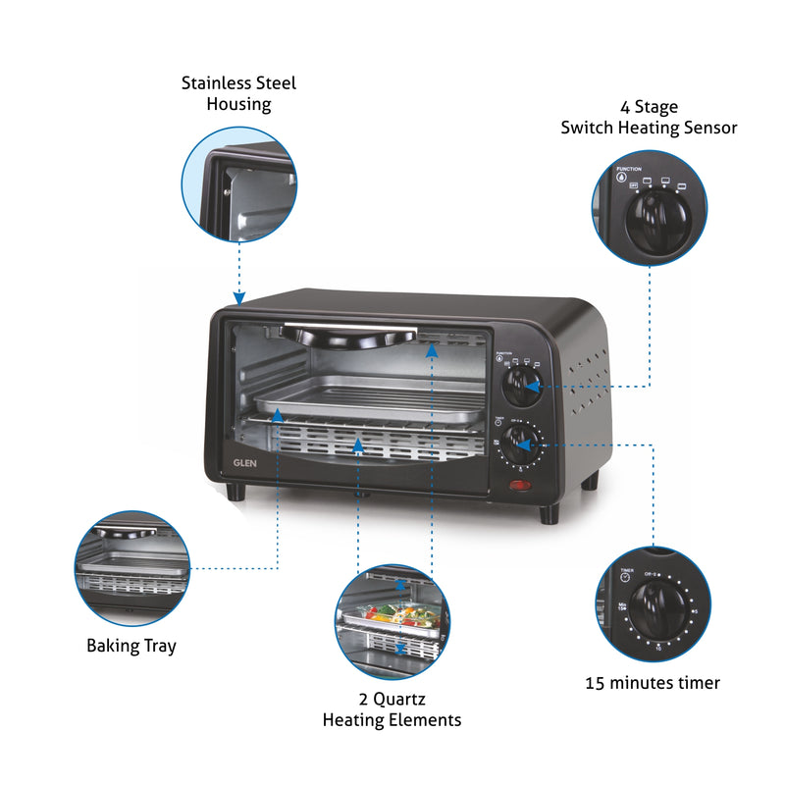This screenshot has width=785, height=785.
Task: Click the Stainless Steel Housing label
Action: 238,93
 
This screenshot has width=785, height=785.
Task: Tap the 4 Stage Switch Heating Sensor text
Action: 649,117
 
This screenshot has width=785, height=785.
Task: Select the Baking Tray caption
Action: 131,646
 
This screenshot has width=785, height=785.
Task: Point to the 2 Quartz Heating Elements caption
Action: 392,709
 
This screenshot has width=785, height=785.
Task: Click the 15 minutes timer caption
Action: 653,682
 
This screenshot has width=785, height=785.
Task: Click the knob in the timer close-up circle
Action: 652,609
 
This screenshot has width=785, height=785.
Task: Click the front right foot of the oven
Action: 549,513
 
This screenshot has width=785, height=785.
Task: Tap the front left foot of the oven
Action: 235,491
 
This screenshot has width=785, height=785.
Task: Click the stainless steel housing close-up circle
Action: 238,183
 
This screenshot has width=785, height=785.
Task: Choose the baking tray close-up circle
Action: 131,568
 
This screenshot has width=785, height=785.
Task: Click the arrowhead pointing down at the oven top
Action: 238,297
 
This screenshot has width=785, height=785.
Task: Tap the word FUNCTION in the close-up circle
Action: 629,169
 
